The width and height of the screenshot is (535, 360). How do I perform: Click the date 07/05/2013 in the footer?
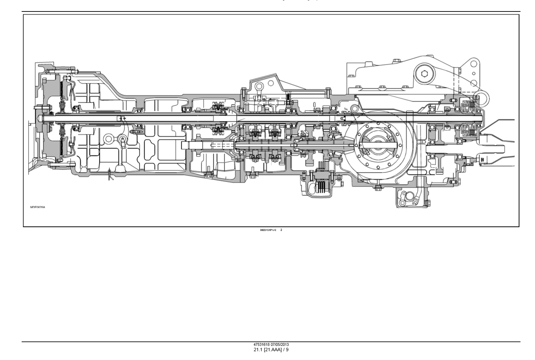point(280,344)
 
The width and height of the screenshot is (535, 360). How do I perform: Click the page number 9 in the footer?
point(287,350)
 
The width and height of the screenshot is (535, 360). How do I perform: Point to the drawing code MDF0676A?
point(37,207)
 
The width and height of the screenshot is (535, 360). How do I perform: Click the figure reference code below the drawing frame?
point(268,230)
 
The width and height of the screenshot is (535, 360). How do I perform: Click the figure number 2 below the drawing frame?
point(281,230)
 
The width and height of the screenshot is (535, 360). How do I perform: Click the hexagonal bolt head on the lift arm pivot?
point(424,73)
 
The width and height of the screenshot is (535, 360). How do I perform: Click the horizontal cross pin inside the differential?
point(378,142)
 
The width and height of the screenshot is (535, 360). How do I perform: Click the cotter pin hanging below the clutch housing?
point(110,174)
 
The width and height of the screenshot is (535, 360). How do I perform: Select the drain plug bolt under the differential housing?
point(378,188)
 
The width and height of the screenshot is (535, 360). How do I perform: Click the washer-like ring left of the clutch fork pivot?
point(108,139)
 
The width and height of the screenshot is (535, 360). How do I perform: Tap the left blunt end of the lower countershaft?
point(183,145)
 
